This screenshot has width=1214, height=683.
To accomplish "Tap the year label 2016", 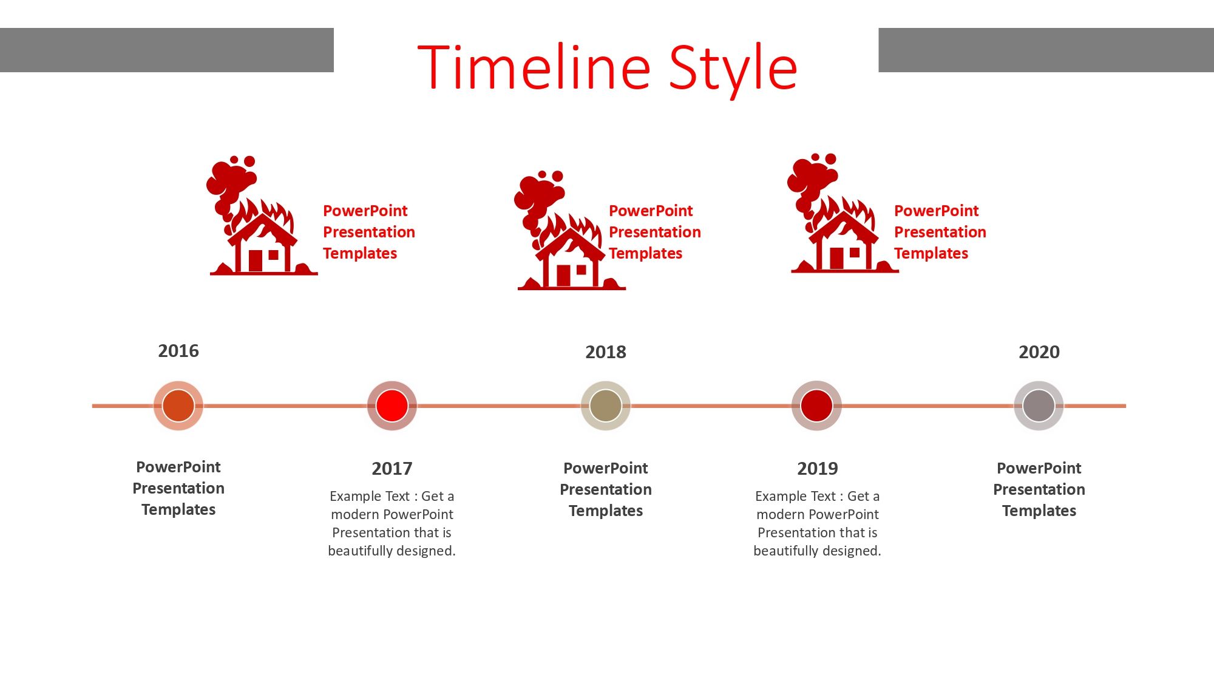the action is (x=178, y=351).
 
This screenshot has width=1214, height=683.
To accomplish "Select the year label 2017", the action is (x=392, y=469).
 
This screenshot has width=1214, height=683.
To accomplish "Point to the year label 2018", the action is (x=606, y=352).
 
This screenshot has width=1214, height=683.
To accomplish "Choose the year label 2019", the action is (x=818, y=469).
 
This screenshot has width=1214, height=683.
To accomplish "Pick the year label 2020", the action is (x=1039, y=352).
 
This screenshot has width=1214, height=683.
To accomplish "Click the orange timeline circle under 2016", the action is (x=178, y=406).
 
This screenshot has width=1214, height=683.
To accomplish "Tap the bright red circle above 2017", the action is (x=392, y=406).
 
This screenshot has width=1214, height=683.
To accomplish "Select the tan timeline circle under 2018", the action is (x=606, y=406).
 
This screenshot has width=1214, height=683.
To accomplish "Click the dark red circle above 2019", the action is (x=817, y=406).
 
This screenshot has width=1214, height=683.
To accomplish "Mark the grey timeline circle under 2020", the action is (x=1039, y=406).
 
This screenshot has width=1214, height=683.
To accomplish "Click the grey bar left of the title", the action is (x=167, y=50).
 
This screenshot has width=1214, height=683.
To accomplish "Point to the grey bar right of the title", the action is (x=1046, y=50).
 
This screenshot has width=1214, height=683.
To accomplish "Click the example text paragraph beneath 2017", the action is (x=392, y=523).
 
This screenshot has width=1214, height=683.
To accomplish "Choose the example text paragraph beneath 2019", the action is (x=818, y=523).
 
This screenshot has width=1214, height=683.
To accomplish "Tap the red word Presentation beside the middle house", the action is (x=655, y=232).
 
